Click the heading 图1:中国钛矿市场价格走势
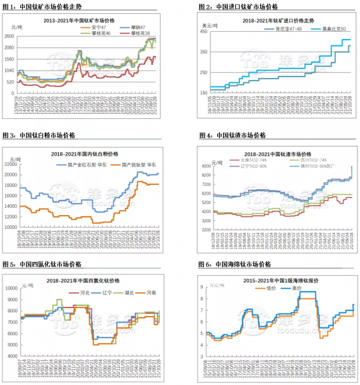pos(42,7)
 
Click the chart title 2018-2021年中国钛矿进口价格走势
pos(269,20)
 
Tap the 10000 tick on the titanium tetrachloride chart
pos(12,288)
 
